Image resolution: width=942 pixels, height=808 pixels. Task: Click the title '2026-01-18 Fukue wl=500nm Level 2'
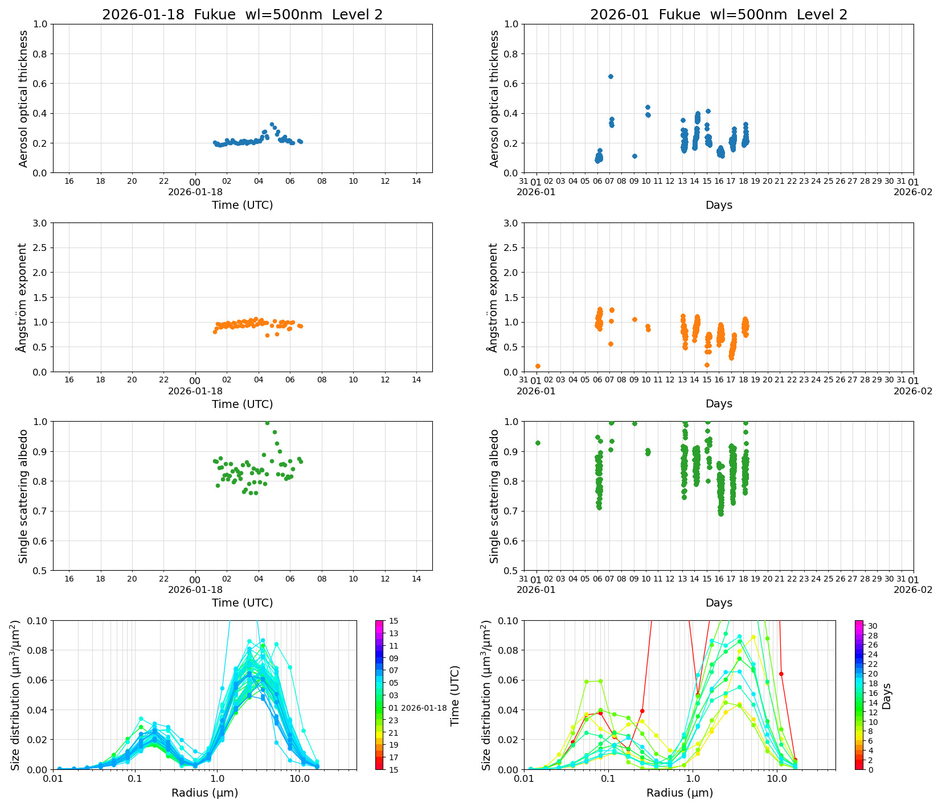(242, 15)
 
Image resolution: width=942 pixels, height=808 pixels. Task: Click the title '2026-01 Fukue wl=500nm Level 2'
(718, 15)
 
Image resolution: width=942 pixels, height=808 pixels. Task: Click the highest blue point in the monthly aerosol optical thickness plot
(611, 76)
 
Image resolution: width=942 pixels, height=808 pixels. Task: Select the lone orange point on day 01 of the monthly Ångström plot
(538, 366)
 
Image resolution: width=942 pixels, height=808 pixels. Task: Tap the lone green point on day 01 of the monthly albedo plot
(538, 443)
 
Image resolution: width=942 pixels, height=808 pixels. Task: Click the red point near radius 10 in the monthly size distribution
(781, 674)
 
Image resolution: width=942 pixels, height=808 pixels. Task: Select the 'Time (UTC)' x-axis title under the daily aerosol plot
(242, 205)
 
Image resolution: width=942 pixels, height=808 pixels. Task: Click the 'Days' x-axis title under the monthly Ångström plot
(718, 403)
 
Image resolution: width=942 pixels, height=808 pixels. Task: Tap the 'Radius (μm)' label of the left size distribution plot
(204, 793)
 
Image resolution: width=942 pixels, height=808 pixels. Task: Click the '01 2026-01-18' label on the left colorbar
(417, 708)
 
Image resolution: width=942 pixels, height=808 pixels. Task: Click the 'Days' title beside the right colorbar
(887, 695)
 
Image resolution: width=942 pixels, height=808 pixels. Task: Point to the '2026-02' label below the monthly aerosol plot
(913, 192)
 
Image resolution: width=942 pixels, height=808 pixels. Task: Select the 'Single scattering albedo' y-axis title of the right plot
(494, 496)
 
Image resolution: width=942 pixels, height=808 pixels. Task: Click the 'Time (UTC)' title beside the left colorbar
(454, 695)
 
